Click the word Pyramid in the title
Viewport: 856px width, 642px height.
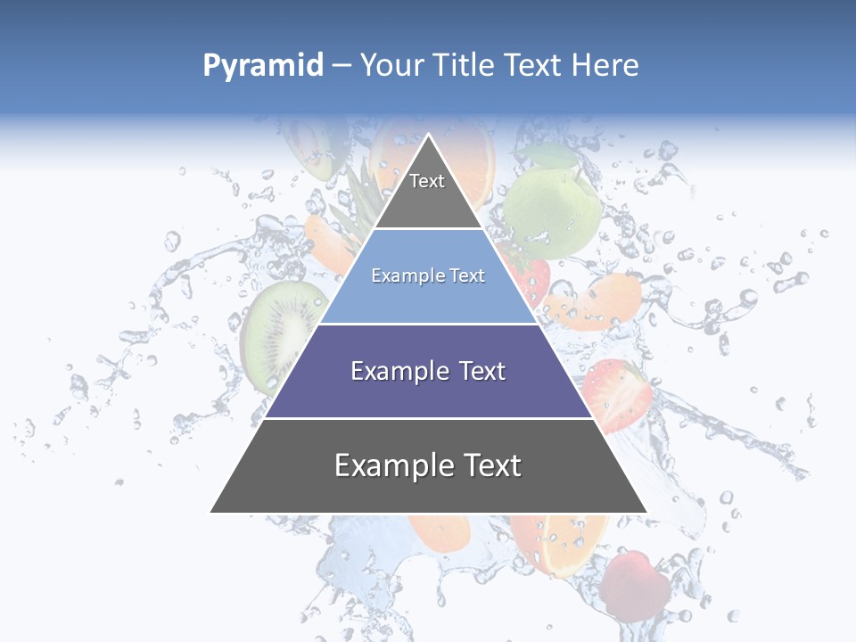tap(263, 65)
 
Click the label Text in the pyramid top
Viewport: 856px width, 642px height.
tap(427, 181)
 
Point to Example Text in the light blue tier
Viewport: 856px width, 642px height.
tap(428, 276)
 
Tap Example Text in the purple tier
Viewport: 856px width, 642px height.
tap(428, 371)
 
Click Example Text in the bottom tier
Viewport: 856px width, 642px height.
tap(428, 465)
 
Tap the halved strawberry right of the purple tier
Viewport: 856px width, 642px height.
tap(615, 392)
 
